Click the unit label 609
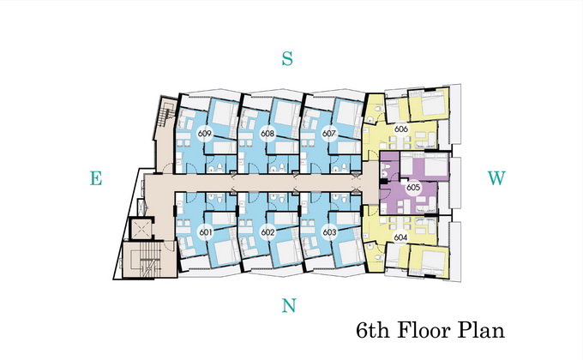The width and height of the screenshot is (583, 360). pos(205,133)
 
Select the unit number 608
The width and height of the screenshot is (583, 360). pos(267,133)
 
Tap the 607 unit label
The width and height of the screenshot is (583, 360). pos(329,133)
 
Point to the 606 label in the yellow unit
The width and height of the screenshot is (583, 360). pos(401,129)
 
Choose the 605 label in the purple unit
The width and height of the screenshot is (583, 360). pos(413,187)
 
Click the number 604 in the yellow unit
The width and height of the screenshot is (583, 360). pos(400,237)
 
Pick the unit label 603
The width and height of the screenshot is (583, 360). pos(329,232)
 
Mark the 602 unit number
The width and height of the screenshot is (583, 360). pos(267,232)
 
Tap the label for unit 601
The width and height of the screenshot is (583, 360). pos(206,232)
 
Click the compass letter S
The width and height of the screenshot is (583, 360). pos(287,58)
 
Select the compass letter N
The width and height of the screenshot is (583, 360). pos(289,305)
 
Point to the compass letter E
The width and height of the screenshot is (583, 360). pos(96,178)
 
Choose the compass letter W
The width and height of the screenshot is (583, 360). pos(496,178)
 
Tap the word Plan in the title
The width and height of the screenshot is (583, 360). pos(481,330)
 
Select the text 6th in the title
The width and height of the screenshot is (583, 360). pos(373,330)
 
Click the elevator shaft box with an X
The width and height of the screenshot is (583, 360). pos(140,229)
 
